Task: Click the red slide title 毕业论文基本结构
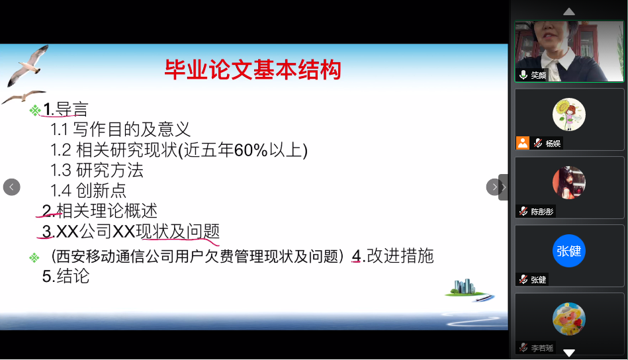pos(253,69)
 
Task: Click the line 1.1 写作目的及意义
pos(120,129)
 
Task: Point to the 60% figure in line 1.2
pos(251,150)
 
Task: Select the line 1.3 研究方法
pos(97,170)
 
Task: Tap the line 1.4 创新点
pos(88,191)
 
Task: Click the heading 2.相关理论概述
pos(100,210)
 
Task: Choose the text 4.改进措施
pos(392,256)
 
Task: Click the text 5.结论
pos(66,277)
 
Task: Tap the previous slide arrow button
pos(12,187)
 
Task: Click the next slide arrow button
pos(494,187)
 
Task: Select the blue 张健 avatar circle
pos(568,251)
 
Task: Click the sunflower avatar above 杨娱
pos(568,114)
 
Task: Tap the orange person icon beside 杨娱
pos(522,143)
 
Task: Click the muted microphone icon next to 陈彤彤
pos(523,211)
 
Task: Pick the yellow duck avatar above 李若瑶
pos(568,319)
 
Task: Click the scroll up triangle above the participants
pos(568,12)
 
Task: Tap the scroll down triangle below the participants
pos(568,353)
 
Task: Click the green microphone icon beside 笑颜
pos(523,75)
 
